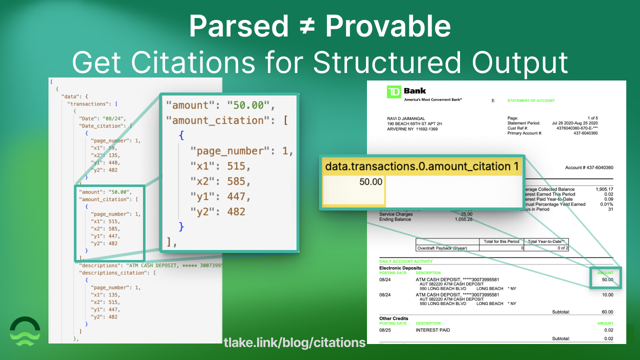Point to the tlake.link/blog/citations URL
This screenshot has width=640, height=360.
(294, 342)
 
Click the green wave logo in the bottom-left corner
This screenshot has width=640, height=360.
(25, 331)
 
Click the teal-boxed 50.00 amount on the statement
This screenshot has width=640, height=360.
(607, 280)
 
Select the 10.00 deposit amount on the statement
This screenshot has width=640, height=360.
(607, 295)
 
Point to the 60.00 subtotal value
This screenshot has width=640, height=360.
(607, 312)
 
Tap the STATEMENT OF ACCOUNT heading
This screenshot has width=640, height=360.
(531, 100)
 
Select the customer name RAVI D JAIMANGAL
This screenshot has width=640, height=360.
(403, 118)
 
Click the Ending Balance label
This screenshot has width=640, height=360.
(395, 219)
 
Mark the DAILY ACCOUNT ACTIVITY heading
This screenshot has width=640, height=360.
(406, 261)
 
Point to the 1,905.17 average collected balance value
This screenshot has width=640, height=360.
(604, 189)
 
